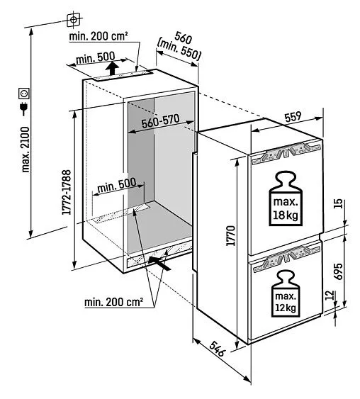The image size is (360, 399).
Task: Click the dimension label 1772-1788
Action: (67, 192)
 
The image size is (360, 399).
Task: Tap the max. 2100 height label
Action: (26, 150)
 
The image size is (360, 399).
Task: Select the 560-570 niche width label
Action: (161, 121)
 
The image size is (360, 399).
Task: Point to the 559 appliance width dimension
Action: (293, 117)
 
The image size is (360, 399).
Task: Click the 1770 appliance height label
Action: (231, 235)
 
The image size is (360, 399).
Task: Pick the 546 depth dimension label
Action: (218, 349)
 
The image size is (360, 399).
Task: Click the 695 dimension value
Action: (338, 271)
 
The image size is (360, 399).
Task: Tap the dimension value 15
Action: (338, 204)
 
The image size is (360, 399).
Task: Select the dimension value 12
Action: (330, 296)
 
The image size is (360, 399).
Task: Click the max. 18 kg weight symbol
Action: (286, 198)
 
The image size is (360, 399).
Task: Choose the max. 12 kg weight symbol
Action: (286, 293)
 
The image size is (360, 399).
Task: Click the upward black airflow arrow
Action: (112, 68)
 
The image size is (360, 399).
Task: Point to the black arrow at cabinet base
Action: (159, 264)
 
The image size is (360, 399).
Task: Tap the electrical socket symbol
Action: (24, 94)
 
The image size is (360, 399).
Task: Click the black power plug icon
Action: (24, 109)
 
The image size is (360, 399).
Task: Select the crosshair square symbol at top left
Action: (73, 19)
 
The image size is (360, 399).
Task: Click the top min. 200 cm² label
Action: (99, 36)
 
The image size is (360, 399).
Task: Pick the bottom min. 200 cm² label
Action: (113, 302)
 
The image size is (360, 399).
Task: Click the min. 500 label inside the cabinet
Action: (117, 186)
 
